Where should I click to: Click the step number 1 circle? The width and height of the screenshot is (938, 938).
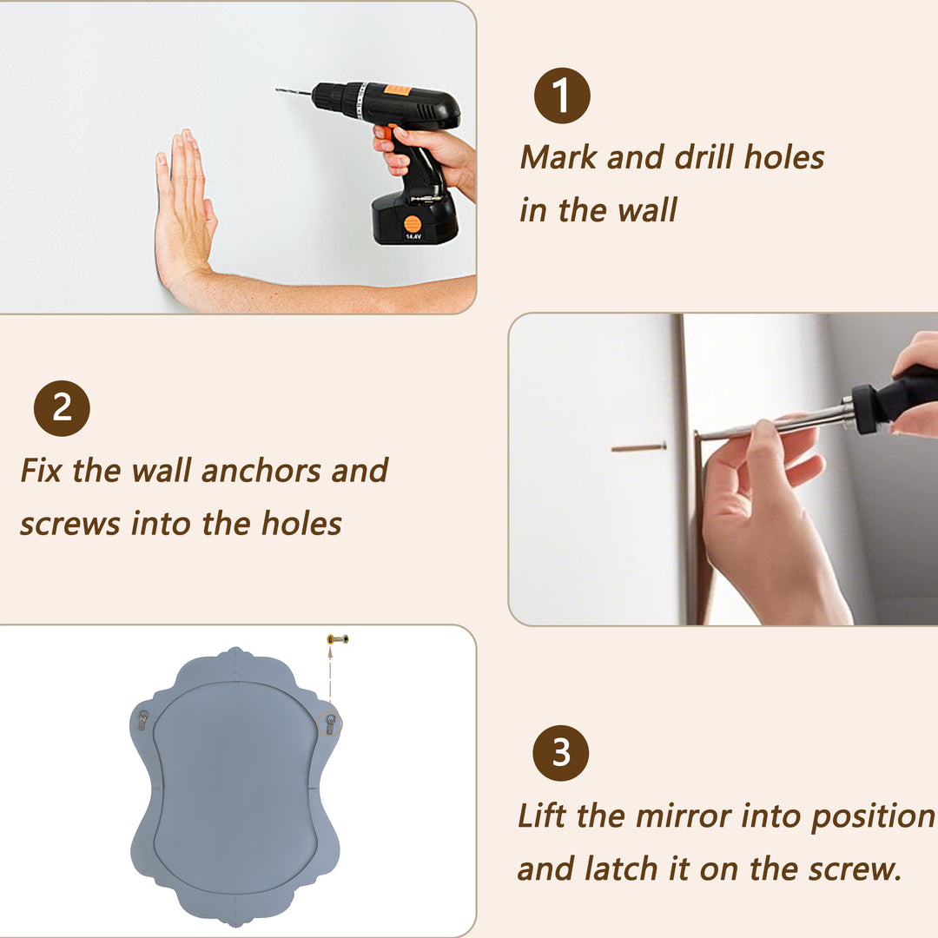tap(562, 96)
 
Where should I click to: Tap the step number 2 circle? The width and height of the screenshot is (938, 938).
tap(62, 408)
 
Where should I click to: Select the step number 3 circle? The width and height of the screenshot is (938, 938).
tap(560, 752)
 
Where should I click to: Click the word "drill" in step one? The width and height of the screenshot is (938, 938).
tap(704, 156)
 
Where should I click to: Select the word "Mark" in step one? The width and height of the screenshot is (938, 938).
tap(558, 156)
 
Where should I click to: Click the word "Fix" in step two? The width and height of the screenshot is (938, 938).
tap(42, 470)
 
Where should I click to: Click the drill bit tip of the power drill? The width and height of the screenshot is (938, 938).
tap(277, 89)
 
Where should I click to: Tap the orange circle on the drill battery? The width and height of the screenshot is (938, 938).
tap(413, 224)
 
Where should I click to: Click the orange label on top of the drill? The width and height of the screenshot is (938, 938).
tap(397, 90)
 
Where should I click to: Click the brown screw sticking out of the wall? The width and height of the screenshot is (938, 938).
tap(638, 447)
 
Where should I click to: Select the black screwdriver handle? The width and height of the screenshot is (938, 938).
tap(897, 397)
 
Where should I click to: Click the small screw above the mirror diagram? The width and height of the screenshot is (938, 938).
tap(338, 639)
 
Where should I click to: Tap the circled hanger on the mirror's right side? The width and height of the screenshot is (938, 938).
tap(330, 723)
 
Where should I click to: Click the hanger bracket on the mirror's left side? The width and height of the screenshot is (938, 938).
tap(143, 720)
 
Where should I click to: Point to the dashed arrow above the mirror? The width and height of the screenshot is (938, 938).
tap(330, 676)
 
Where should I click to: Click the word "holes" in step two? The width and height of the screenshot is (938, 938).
tap(301, 524)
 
